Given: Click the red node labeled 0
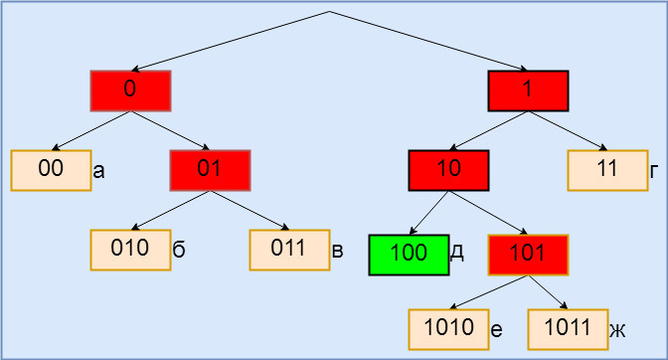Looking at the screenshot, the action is click(x=130, y=90).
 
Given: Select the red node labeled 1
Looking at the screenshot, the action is click(x=528, y=90).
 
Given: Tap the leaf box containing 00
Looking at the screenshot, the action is click(x=51, y=170).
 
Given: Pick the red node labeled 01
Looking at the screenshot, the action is click(x=210, y=170).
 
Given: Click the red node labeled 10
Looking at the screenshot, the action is click(x=448, y=170).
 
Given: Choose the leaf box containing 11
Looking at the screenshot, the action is click(x=607, y=170).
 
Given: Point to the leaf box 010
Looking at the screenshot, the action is click(x=130, y=250).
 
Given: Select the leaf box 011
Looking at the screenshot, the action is click(x=289, y=250).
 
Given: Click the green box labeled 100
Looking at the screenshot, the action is click(x=409, y=255).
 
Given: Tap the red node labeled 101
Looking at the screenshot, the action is click(x=528, y=255).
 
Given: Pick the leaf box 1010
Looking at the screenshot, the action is click(x=448, y=329).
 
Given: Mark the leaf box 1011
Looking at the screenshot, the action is click(x=568, y=329).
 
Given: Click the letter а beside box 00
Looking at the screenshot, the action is click(x=98, y=172).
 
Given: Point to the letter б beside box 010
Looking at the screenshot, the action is click(x=179, y=250).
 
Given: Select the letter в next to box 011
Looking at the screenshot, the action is click(x=337, y=251).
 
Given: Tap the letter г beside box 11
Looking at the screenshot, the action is click(x=654, y=172).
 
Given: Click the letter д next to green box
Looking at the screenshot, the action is click(x=456, y=253).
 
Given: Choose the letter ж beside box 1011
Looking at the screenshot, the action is click(x=617, y=331).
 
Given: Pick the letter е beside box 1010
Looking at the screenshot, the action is click(x=496, y=330).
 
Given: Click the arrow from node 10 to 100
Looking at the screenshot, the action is click(x=429, y=213).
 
